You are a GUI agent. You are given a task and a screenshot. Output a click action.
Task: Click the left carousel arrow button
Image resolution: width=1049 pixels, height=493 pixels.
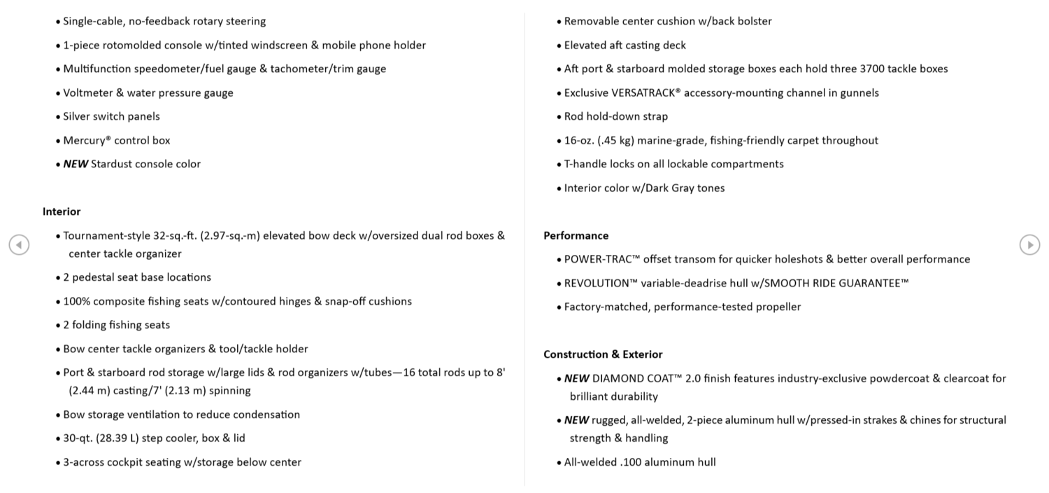pyautogui.click(x=19, y=245)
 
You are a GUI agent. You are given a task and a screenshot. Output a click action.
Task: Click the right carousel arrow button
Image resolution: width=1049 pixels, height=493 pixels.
pyautogui.click(x=1029, y=245)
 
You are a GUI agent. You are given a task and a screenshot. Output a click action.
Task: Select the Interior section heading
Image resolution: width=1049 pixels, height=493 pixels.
pyautogui.click(x=62, y=211)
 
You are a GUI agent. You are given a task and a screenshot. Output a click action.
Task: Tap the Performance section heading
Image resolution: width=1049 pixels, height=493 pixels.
pyautogui.click(x=576, y=235)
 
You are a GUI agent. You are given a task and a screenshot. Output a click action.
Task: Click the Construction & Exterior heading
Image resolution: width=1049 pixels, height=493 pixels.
pyautogui.click(x=603, y=354)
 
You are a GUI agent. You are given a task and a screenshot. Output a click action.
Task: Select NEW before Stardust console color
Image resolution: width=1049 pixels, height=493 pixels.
pyautogui.click(x=76, y=164)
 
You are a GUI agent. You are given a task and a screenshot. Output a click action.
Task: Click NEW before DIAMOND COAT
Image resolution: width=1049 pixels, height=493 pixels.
pyautogui.click(x=576, y=378)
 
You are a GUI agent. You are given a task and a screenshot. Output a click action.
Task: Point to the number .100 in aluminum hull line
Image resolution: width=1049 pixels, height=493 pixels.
pyautogui.click(x=630, y=462)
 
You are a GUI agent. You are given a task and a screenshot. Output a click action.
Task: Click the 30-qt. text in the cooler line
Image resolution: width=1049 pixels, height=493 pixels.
pyautogui.click(x=78, y=438)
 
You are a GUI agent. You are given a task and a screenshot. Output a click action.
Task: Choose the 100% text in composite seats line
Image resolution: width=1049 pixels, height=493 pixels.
pyautogui.click(x=76, y=301)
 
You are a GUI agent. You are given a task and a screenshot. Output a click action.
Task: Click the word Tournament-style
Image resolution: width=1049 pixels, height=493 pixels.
pyautogui.click(x=106, y=235)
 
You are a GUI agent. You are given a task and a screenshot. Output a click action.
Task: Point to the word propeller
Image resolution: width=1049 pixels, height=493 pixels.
pyautogui.click(x=778, y=307)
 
